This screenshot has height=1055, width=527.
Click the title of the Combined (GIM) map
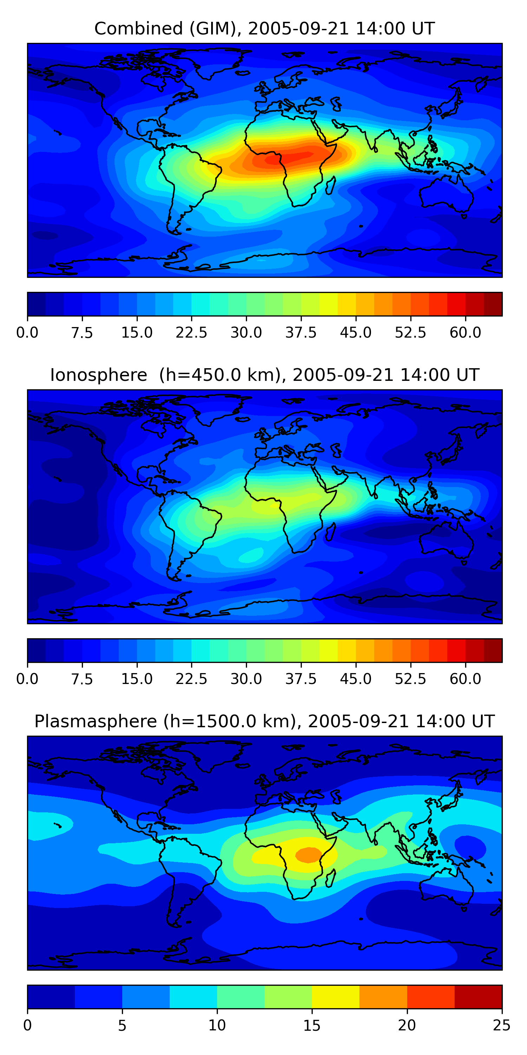coord(264,29)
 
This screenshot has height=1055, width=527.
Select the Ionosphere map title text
coord(264,375)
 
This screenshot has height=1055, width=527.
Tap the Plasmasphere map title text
coord(264,722)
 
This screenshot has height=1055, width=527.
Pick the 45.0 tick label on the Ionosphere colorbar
coord(356,679)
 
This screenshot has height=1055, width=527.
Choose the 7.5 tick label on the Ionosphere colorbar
coord(82,679)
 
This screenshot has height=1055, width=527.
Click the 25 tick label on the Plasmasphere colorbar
coord(502,1025)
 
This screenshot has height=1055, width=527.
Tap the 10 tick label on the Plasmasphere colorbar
coord(217,1025)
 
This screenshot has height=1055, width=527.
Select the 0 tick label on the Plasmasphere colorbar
coord(27,1025)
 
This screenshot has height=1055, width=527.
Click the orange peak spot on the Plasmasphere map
coord(309,855)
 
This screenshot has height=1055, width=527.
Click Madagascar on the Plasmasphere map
coord(331,878)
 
